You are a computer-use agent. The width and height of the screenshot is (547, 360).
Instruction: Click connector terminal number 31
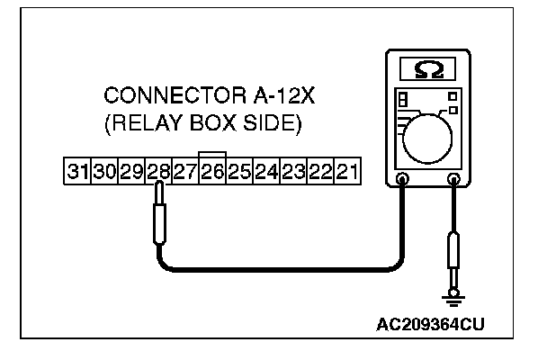pos(76,169)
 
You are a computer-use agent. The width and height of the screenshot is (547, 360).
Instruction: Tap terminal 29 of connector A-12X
pos(131,169)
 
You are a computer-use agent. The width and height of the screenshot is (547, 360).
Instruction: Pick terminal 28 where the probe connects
pos(158,169)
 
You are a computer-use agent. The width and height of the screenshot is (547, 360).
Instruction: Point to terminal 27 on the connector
pos(185,169)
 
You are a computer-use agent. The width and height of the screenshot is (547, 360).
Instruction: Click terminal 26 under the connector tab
pos(212,169)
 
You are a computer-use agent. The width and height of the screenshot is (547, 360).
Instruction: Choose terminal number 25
pos(239,169)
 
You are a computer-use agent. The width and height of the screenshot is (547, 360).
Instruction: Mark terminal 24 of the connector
pos(266,169)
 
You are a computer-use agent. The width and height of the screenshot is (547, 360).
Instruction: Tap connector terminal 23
pos(293,169)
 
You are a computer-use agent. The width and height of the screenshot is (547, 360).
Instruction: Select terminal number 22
pos(320,169)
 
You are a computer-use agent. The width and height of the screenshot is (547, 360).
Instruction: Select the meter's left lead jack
pos(402,180)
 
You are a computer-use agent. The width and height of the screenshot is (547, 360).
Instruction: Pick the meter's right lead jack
pos(454,180)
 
